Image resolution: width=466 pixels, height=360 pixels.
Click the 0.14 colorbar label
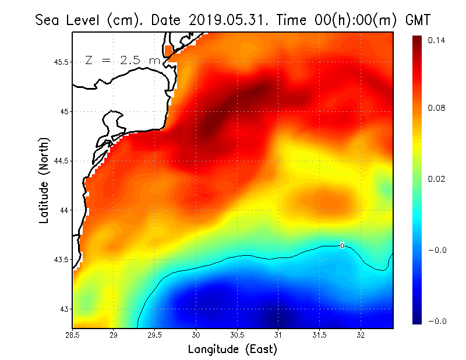click(x=436, y=40)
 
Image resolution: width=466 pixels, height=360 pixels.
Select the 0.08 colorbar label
click(x=436, y=108)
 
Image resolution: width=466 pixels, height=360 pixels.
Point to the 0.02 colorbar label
click(x=436, y=179)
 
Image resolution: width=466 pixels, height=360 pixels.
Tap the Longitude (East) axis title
click(x=232, y=350)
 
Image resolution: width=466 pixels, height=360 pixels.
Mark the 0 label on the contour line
click(x=343, y=246)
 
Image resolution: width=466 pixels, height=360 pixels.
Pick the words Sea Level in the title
click(x=68, y=20)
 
